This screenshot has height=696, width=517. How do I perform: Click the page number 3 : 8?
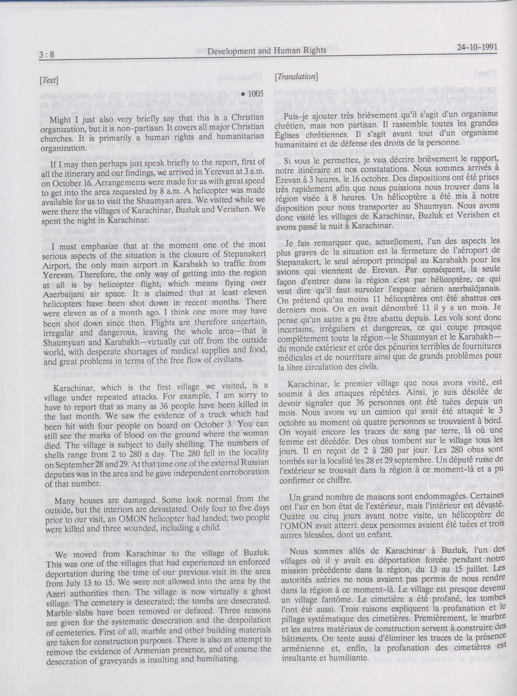point(47,55)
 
